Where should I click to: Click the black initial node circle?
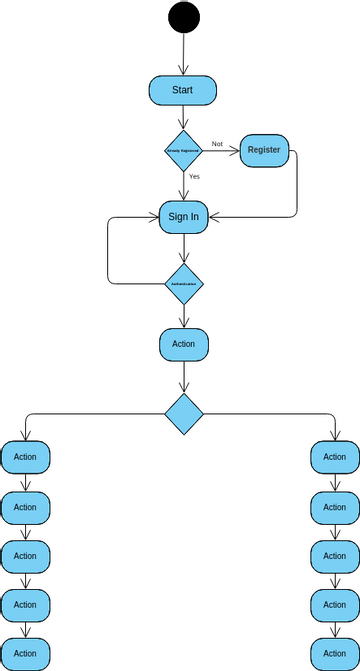(184, 17)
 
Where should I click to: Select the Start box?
(183, 89)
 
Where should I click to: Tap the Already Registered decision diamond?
(183, 150)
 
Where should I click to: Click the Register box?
(265, 150)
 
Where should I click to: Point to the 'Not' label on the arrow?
(217, 144)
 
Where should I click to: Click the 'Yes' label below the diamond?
(194, 176)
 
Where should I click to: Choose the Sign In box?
(183, 217)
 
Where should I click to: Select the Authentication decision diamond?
(183, 284)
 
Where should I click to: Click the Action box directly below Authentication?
(183, 344)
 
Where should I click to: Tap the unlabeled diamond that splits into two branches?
(184, 413)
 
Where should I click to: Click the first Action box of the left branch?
(25, 458)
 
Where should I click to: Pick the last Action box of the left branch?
(25, 653)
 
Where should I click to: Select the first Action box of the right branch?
(334, 458)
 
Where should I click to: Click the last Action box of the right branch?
(334, 653)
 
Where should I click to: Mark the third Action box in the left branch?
(25, 556)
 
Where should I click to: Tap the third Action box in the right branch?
(334, 556)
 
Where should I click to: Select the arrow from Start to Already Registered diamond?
(183, 117)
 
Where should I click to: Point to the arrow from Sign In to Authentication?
(183, 249)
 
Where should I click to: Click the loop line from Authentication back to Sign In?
(108, 250)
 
